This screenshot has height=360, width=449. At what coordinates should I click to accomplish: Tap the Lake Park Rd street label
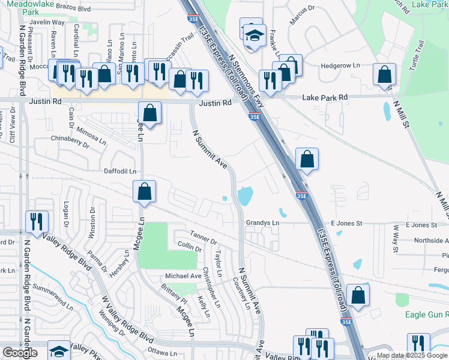click(x=325, y=97)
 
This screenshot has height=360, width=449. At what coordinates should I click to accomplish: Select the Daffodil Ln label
click(x=120, y=171)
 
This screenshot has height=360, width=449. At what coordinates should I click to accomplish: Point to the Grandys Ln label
click(x=262, y=223)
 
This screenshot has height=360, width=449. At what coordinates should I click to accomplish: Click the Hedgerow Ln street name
click(x=340, y=65)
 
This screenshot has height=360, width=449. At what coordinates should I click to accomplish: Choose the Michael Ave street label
click(x=184, y=275)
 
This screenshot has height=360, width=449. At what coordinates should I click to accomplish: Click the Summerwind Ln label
click(x=53, y=298)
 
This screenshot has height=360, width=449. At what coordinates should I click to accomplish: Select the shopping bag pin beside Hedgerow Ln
click(x=384, y=75)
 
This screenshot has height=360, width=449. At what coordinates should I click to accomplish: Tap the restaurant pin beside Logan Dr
click(x=37, y=222)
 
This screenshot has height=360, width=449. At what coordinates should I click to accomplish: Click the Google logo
click(x=20, y=353)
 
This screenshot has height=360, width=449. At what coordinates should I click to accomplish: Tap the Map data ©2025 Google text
click(x=411, y=355)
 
